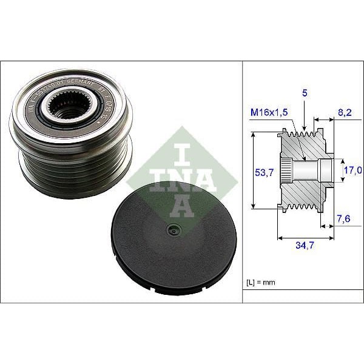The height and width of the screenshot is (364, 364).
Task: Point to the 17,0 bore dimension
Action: pyautogui.click(x=353, y=170)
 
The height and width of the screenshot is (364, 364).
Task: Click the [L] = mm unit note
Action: pyautogui.click(x=263, y=281)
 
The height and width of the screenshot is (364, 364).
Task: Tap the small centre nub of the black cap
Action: pyautogui.click(x=174, y=229)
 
